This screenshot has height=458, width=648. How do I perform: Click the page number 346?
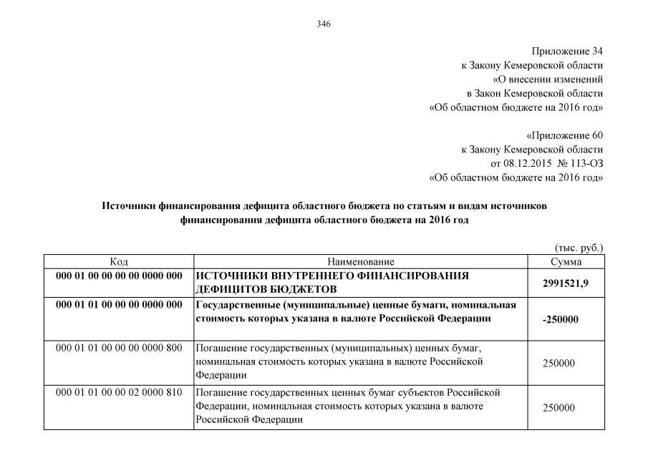[324, 25]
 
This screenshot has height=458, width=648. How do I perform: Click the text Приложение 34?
[567, 52]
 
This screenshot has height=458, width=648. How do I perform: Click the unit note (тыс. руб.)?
[579, 248]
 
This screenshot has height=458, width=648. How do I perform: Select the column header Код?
[119, 262]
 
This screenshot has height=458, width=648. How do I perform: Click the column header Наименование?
[361, 262]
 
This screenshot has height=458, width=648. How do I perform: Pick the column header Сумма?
[570, 262]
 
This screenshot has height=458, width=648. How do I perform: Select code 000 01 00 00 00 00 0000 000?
[119, 276]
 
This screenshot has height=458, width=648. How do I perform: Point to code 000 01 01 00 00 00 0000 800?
[119, 349]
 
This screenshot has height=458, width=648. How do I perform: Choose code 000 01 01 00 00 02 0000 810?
[119, 393]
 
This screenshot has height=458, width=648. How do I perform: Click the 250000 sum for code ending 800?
[559, 364]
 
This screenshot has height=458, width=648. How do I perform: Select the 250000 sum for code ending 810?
[559, 407]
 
